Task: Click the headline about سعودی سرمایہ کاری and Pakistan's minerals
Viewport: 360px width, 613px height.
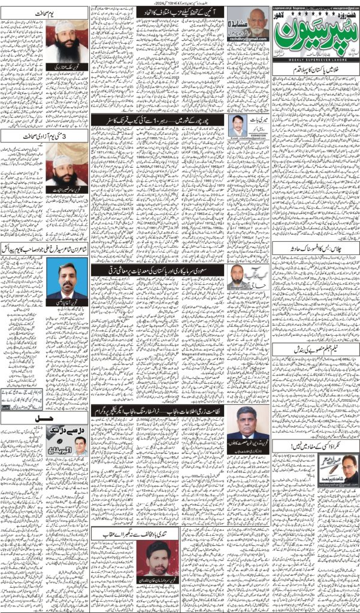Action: (x=157, y=271)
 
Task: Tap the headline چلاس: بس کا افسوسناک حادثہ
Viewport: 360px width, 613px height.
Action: (x=314, y=245)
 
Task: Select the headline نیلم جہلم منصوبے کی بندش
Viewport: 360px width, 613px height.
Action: (x=314, y=347)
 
